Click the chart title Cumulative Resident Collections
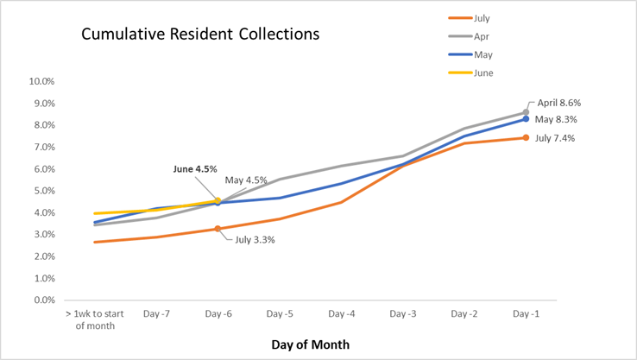click(x=200, y=35)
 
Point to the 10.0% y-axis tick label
click(x=43, y=82)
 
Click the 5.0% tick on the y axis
click(x=45, y=191)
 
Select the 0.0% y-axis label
click(x=45, y=300)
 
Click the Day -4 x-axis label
click(x=340, y=314)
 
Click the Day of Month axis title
click(x=310, y=344)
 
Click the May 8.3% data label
click(x=556, y=120)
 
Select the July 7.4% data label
click(x=556, y=138)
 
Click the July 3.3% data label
click(x=255, y=240)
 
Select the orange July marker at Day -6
click(x=218, y=229)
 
